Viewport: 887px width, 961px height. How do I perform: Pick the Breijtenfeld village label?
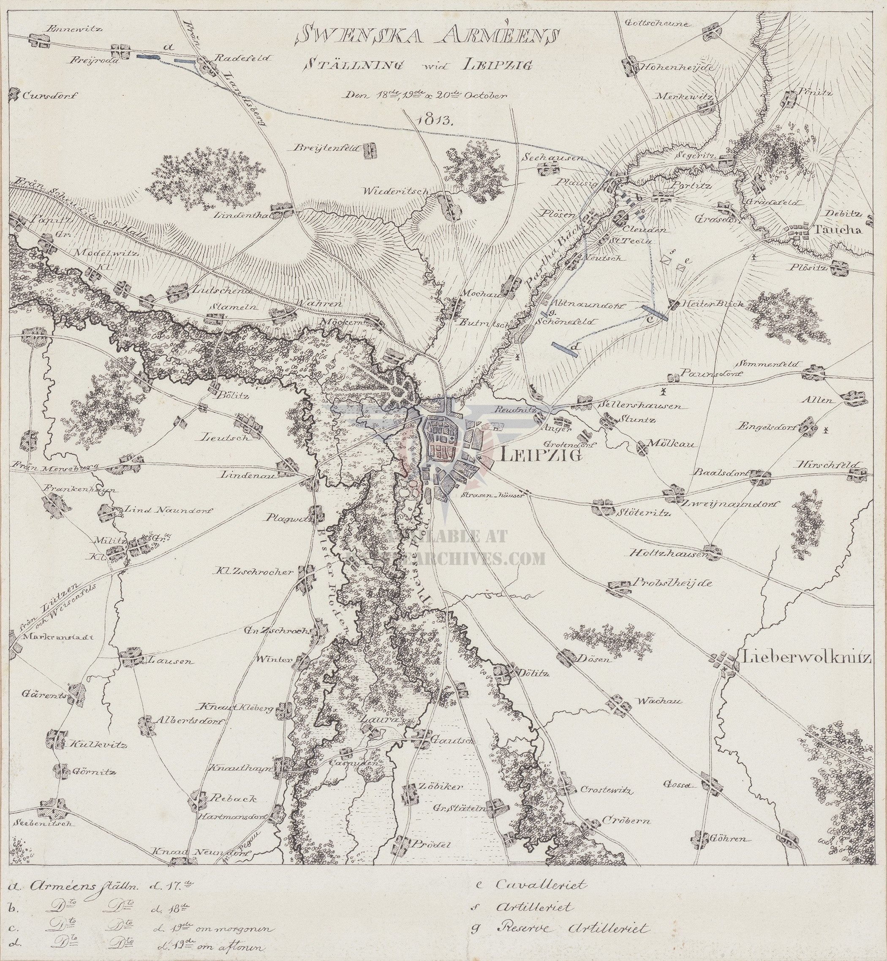tap(325, 148)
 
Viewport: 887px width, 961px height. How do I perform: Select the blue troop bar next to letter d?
tap(564, 348)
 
